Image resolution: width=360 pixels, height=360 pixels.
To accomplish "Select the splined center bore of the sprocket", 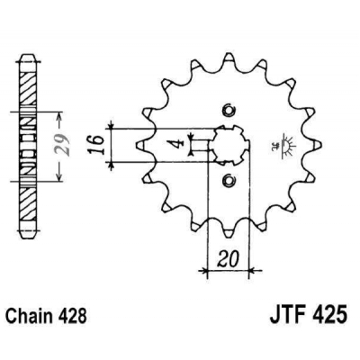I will [x=226, y=145].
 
